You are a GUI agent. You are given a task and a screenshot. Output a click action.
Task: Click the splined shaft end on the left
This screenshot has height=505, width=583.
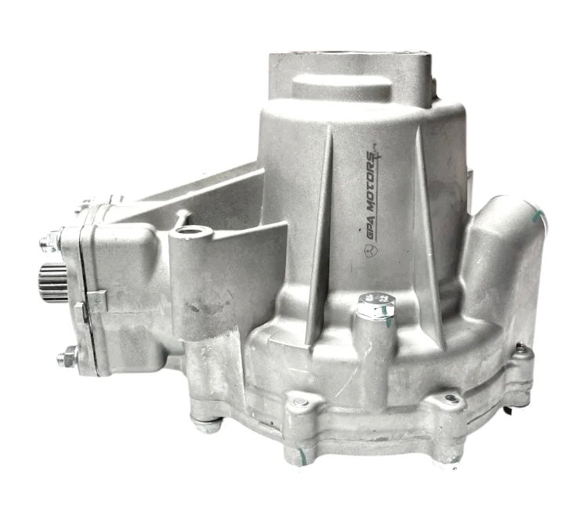tap(53, 282)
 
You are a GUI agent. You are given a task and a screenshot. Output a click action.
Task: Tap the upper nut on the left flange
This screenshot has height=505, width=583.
tap(50, 242)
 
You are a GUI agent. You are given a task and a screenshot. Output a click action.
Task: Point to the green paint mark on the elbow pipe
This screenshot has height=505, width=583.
tap(539, 218)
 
